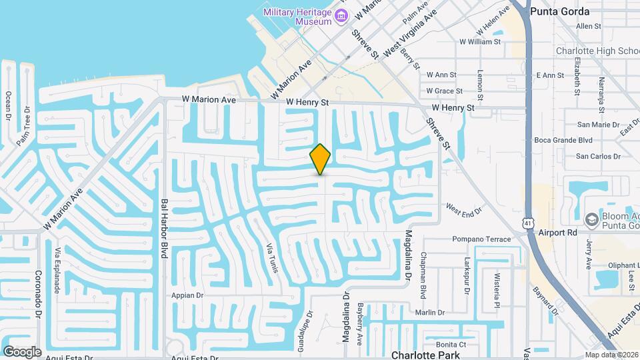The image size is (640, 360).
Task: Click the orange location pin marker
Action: (321, 159)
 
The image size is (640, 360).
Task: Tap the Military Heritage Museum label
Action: (297, 17)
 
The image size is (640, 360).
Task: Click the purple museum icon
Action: (341, 15)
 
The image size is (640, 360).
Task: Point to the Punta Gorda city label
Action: (559, 11)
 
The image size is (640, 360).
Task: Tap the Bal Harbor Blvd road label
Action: (163, 228)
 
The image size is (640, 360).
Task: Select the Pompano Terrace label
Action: (481, 239)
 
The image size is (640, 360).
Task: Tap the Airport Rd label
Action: (561, 233)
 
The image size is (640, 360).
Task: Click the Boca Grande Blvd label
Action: (563, 140)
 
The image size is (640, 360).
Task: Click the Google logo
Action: (22, 351)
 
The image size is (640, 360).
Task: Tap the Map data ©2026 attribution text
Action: (611, 355)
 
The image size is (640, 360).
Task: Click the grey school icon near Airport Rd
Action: (591, 219)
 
